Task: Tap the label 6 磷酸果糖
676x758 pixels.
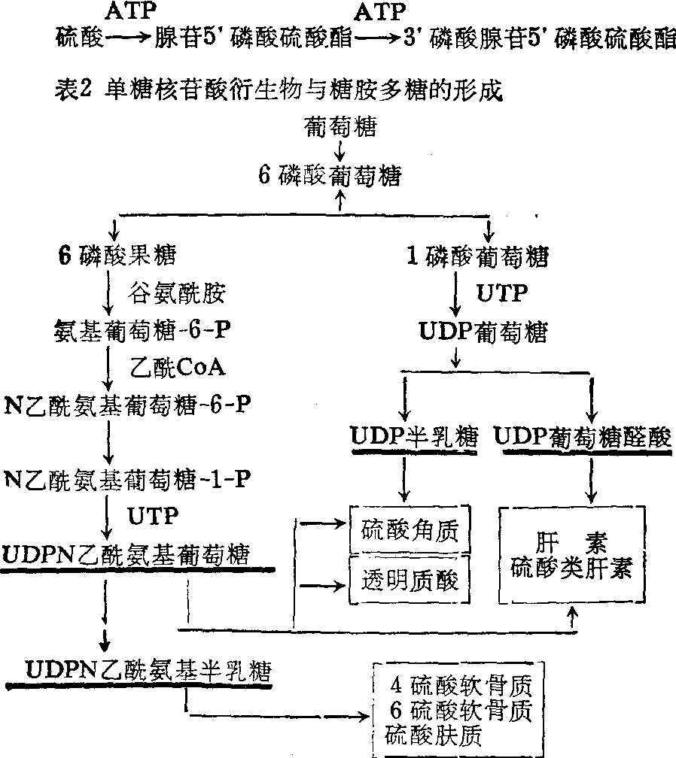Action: point(117,256)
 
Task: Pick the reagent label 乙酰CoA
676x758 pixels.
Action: point(179,368)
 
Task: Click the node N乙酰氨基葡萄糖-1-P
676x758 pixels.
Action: point(128,478)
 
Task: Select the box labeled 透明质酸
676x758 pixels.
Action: point(410,580)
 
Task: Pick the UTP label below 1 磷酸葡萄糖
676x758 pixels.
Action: point(503,293)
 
